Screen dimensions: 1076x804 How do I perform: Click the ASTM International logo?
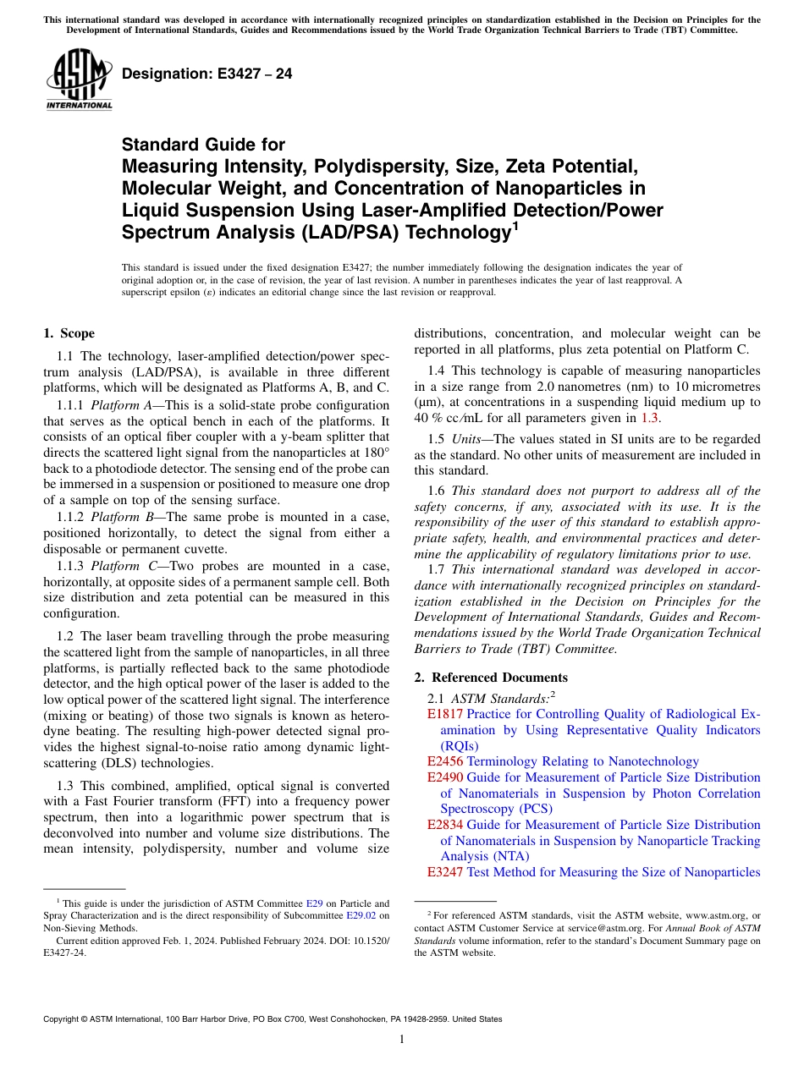click(79, 80)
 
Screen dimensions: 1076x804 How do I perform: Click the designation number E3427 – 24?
click(207, 74)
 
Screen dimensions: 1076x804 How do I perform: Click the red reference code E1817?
click(445, 714)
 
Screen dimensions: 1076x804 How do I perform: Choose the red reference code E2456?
click(445, 761)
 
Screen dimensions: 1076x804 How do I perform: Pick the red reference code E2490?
click(445, 777)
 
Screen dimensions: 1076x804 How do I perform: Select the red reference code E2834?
click(445, 825)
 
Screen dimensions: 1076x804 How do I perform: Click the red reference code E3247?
click(445, 872)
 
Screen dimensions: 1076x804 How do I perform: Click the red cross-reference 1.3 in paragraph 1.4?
click(650, 417)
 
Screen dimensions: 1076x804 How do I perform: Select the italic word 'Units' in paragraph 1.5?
click(468, 438)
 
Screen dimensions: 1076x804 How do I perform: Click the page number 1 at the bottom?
click(402, 1039)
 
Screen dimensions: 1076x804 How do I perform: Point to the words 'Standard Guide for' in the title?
click(203, 145)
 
